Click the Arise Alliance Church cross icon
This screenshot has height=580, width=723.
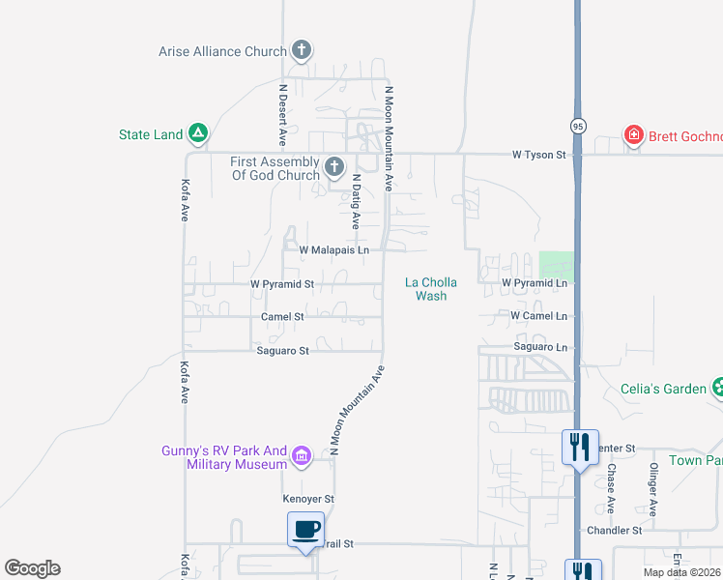tap(302, 49)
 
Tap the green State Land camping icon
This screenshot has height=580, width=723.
tap(197, 132)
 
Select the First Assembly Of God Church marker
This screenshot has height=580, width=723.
tap(334, 167)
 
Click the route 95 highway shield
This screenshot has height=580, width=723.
tap(577, 126)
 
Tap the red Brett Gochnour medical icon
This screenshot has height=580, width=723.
tap(634, 135)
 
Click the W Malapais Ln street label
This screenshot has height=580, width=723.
tap(334, 249)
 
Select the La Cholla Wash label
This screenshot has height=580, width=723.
tap(431, 289)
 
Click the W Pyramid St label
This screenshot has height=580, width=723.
tap(282, 284)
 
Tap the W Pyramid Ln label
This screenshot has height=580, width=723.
tap(535, 282)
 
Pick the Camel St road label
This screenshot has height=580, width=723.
tap(282, 316)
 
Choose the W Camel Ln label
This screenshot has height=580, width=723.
tap(536, 315)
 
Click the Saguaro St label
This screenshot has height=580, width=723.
tap(282, 351)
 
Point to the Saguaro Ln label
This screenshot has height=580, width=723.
tap(541, 346)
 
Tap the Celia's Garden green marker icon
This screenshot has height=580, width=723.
tap(718, 389)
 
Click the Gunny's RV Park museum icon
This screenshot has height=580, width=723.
tap(302, 456)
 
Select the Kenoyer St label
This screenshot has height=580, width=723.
tap(307, 499)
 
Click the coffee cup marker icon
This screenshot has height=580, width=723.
tap(305, 530)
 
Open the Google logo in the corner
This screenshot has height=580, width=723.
tap(32, 568)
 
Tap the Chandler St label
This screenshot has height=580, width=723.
tap(615, 531)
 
